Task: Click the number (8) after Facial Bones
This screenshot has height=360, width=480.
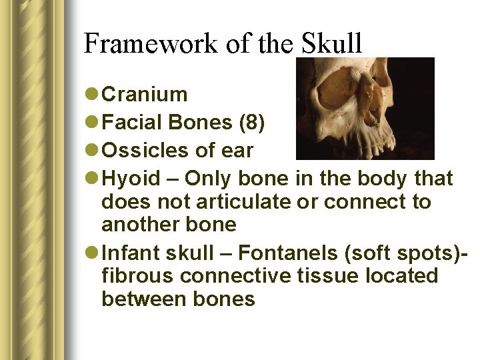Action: click(x=251, y=123)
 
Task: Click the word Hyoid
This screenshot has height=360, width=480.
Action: click(x=131, y=179)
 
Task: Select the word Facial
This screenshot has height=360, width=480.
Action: click(x=133, y=123)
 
